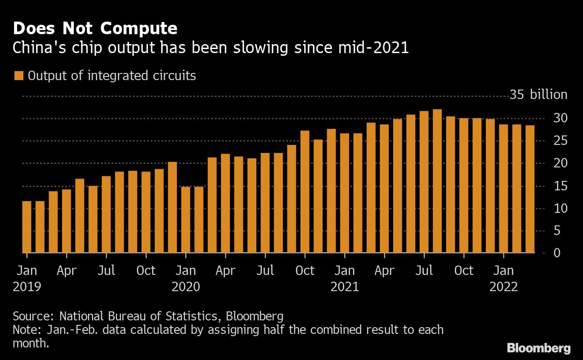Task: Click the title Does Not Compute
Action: (x=95, y=28)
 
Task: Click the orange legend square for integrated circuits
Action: (x=18, y=76)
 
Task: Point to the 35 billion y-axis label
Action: (x=538, y=95)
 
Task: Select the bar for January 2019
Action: (x=27, y=227)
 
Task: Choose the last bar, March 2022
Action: (x=530, y=189)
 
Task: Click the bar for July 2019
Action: (x=106, y=214)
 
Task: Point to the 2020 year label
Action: (x=186, y=287)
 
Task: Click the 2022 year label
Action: (x=503, y=287)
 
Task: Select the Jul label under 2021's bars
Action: (x=424, y=270)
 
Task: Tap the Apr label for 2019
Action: (x=66, y=270)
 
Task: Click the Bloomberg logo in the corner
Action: (x=538, y=348)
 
